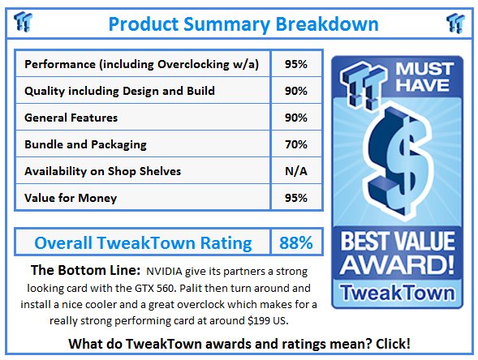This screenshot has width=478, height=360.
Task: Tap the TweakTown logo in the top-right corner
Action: pyautogui.click(x=455, y=22)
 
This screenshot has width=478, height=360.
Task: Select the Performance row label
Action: pyautogui.click(x=142, y=64)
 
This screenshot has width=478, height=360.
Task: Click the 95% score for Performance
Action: pyautogui.click(x=296, y=64)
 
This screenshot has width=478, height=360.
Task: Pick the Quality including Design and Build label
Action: pyautogui.click(x=119, y=91)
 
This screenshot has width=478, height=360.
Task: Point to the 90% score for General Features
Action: pyautogui.click(x=296, y=118)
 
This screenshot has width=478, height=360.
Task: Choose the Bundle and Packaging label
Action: pyautogui.click(x=85, y=144)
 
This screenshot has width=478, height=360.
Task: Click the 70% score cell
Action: pyautogui.click(x=296, y=144)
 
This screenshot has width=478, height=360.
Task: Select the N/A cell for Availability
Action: pyautogui.click(x=296, y=171)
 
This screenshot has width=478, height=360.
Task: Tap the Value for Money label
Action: pyautogui.click(x=71, y=198)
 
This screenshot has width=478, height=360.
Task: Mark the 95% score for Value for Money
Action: pyautogui.click(x=296, y=198)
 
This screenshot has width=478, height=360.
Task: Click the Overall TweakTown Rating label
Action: pyautogui.click(x=143, y=242)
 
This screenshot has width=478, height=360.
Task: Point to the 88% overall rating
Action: pyautogui.click(x=296, y=242)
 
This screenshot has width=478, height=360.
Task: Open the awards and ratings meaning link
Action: pyautogui.click(x=239, y=344)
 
